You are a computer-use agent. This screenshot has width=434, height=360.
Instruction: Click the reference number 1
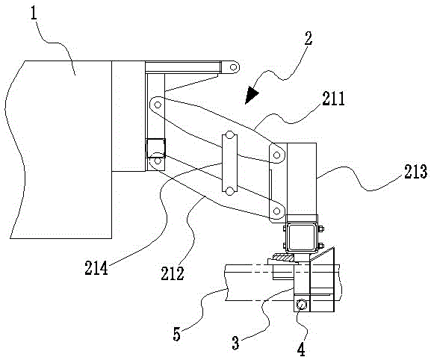click(x=34, y=13)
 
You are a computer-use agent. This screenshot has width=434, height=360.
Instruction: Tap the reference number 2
click(x=308, y=38)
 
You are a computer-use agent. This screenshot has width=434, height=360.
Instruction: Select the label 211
click(x=333, y=99)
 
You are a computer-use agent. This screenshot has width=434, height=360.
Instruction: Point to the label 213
click(x=415, y=172)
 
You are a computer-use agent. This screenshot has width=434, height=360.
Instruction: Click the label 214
click(x=96, y=268)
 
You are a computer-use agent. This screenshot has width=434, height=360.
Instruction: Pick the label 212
click(x=173, y=273)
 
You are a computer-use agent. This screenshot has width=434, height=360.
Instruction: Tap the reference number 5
click(x=176, y=334)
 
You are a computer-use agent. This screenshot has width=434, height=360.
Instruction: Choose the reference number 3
click(x=235, y=343)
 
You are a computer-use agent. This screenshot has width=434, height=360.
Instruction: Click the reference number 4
click(x=301, y=350)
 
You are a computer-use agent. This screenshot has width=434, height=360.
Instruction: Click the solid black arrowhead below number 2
click(x=250, y=95)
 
